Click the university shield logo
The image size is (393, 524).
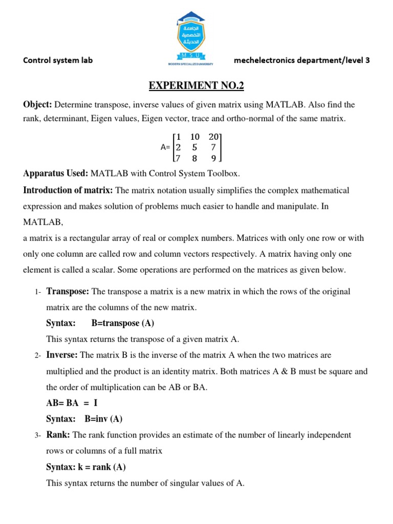click(x=196, y=38)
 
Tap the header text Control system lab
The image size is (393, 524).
click(x=58, y=60)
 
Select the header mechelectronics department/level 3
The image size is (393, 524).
click(x=301, y=60)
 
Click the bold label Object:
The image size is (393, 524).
click(x=37, y=105)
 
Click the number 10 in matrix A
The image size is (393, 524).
click(x=195, y=137)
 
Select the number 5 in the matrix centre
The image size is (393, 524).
click(x=194, y=147)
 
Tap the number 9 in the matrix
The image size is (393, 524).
click(x=213, y=158)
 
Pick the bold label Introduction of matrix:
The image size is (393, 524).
click(x=68, y=190)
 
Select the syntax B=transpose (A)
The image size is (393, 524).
click(x=122, y=323)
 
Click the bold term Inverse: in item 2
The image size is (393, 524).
click(x=62, y=355)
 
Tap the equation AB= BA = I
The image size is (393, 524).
click(x=72, y=403)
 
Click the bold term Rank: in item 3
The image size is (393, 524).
click(x=59, y=435)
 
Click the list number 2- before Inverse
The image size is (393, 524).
click(x=38, y=356)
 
